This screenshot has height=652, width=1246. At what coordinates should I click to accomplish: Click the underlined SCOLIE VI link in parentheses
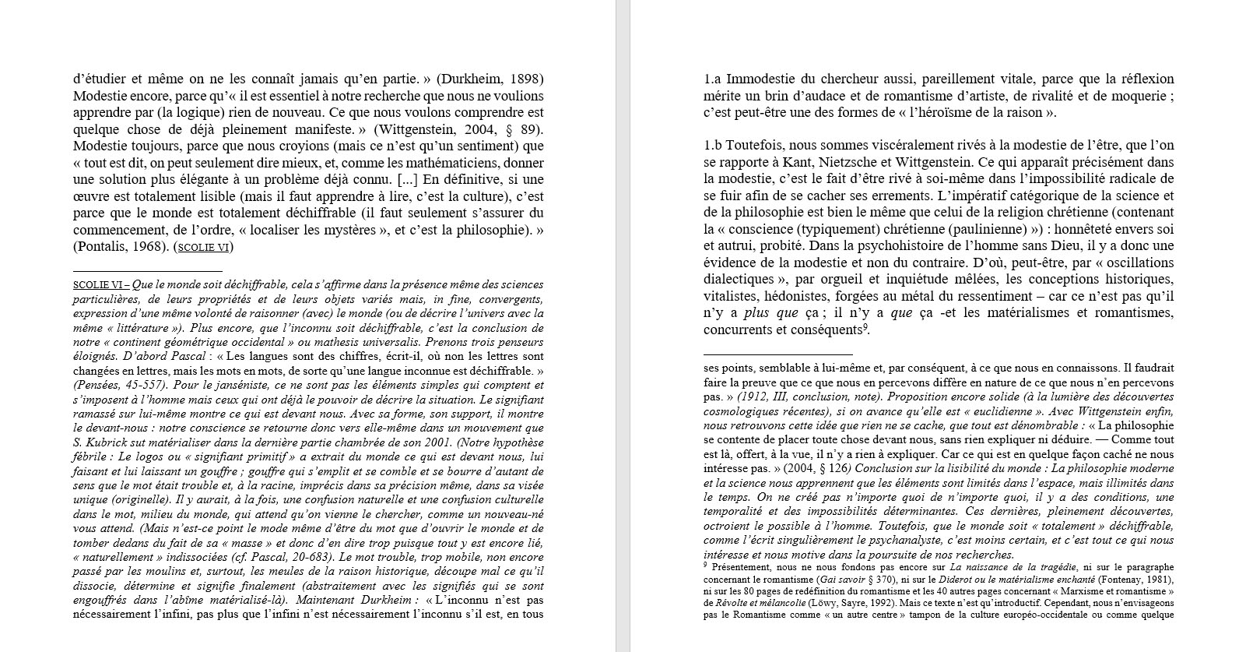coord(204,248)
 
